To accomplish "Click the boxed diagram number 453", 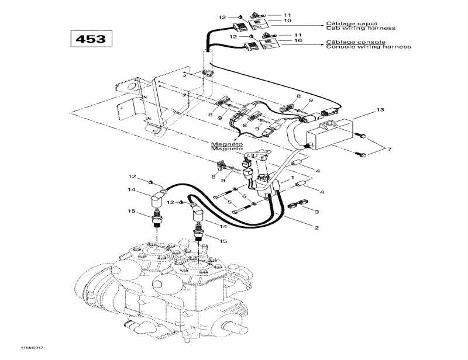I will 89,39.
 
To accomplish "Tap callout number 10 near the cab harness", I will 287,20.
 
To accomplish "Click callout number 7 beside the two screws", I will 390,150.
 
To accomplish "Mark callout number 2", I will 316,227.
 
